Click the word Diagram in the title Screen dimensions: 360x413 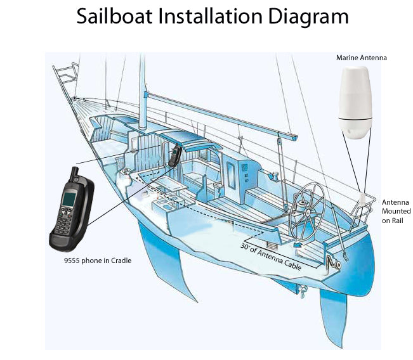[310, 16]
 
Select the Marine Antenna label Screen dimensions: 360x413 [361, 58]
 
